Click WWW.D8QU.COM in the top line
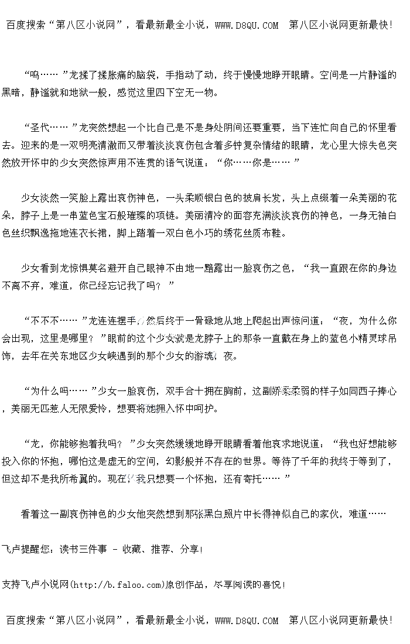pos(247,25)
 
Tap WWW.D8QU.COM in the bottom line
pos(247,621)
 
